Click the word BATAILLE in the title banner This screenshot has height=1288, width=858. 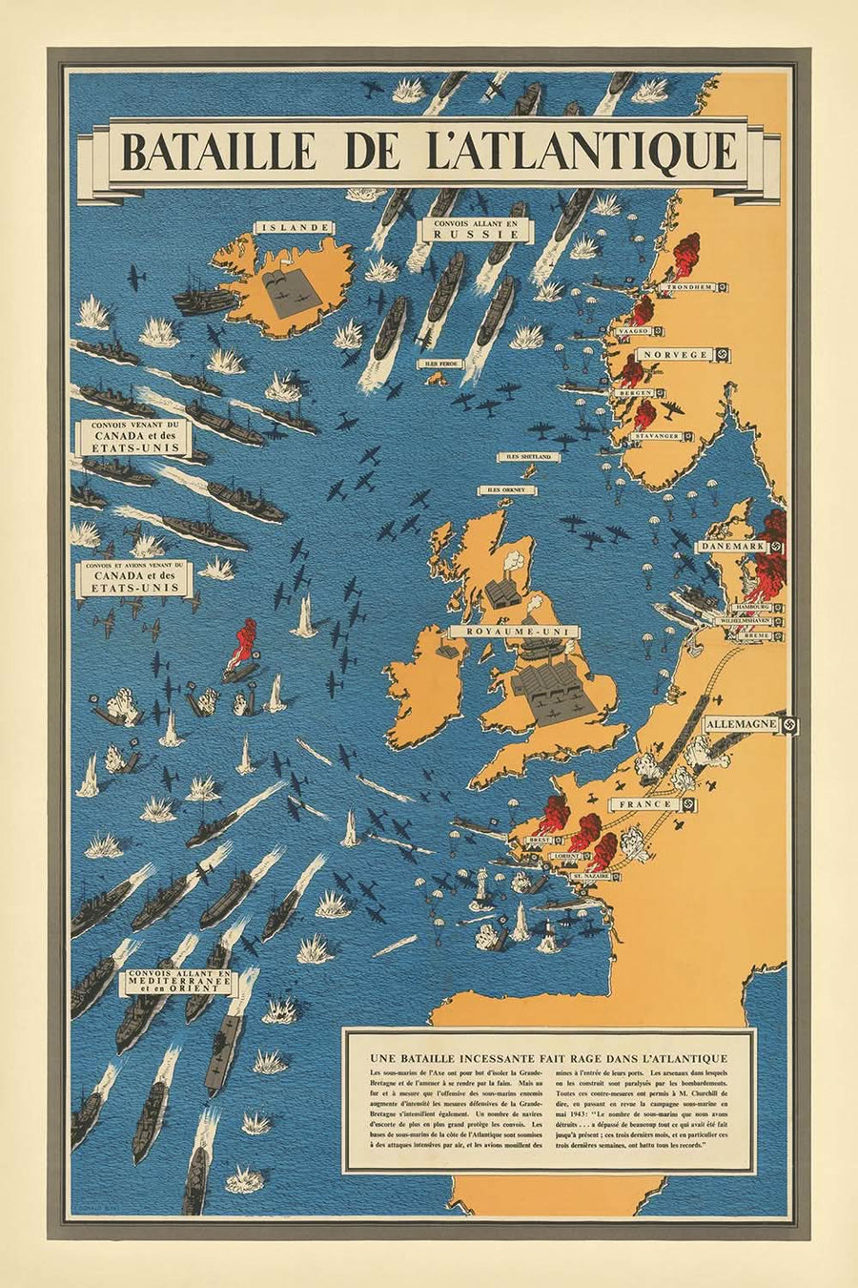pyautogui.click(x=213, y=152)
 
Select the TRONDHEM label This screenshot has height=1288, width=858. pyautogui.click(x=690, y=287)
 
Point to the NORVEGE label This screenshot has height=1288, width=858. pyautogui.click(x=675, y=355)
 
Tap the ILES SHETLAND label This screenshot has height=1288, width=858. pyautogui.click(x=529, y=457)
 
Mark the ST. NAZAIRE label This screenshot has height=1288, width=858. pyautogui.click(x=591, y=875)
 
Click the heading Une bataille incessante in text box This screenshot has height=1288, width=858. pyautogui.click(x=547, y=1057)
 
